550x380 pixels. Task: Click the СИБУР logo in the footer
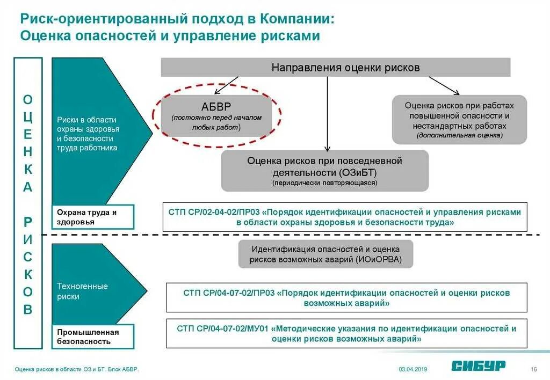pos(478,366)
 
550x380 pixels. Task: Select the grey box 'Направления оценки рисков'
pos(336,68)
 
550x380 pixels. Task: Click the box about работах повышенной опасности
pos(459,120)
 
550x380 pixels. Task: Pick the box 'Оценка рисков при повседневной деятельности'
pos(324,171)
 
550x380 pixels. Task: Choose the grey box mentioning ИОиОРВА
pos(326,254)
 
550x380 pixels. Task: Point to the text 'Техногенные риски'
pos(83,291)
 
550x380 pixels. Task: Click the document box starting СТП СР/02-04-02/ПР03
pos(345,217)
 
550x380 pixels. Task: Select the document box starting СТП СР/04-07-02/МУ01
pos(346,334)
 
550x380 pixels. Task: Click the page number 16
pos(534,369)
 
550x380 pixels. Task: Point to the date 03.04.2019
pos(412,369)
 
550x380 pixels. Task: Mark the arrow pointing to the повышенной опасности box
pos(444,85)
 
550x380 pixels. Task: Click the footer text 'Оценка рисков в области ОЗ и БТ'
pos(54,369)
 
